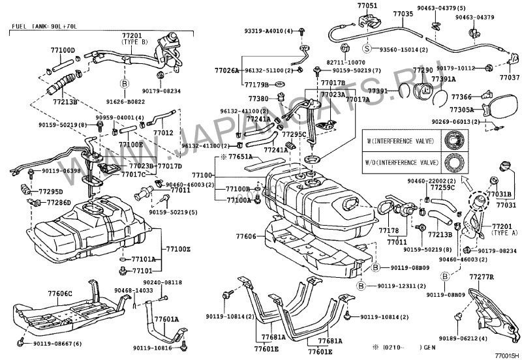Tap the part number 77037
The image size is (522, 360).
click(x=509, y=76)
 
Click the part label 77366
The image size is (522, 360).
click(x=466, y=96)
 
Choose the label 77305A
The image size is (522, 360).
click(x=466, y=110)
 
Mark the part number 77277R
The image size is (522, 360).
click(x=482, y=278)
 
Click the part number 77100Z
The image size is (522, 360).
click(x=177, y=249)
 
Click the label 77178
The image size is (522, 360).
click(x=389, y=230)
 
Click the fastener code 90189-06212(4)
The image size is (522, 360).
click(x=487, y=340)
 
